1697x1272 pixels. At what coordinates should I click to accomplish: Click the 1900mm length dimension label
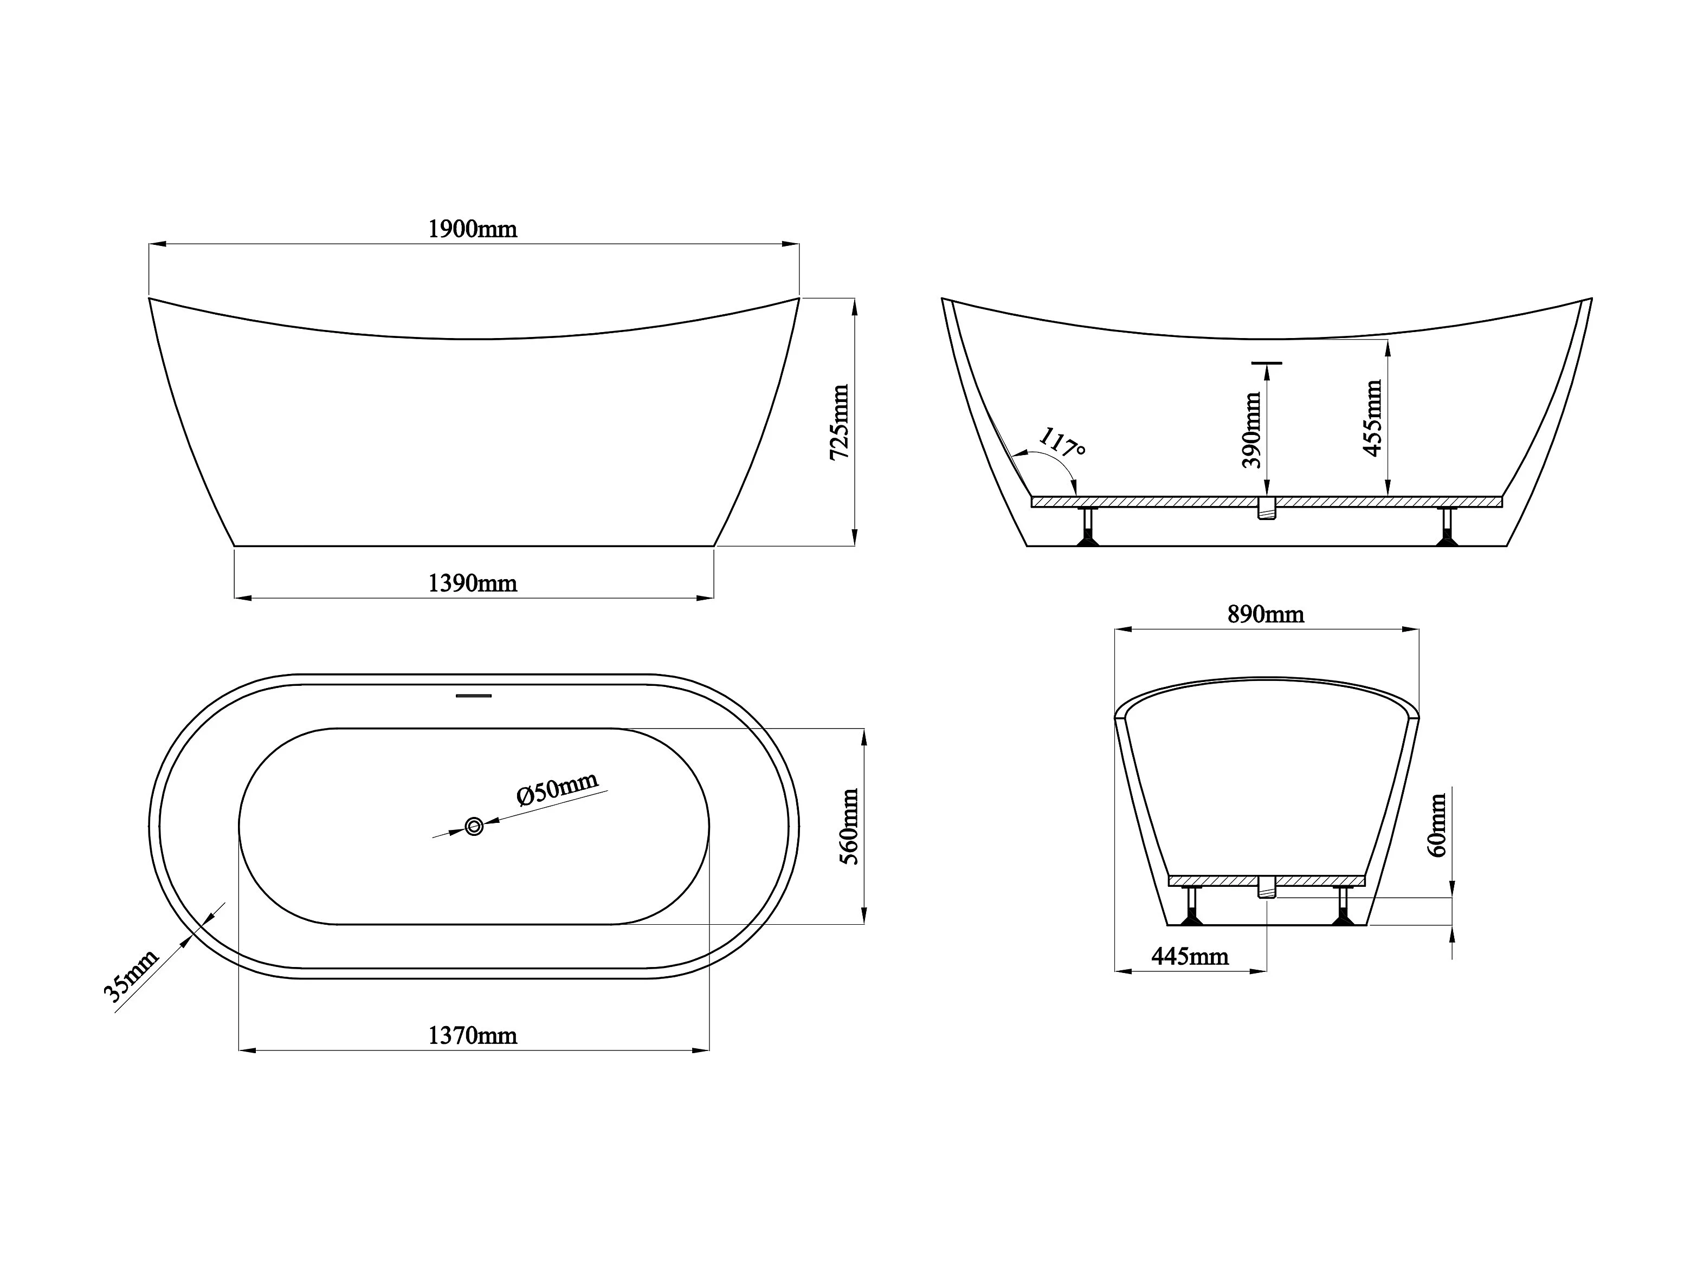click(x=473, y=229)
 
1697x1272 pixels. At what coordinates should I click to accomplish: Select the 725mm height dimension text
click(x=840, y=423)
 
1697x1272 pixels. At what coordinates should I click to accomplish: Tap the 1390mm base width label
click(x=473, y=583)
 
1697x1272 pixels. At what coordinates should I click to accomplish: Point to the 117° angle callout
click(x=1062, y=443)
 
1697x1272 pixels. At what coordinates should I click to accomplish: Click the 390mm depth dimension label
click(x=1251, y=430)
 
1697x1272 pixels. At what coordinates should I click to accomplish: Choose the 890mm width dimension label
click(x=1266, y=614)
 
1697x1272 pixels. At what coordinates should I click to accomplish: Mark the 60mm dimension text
click(x=1438, y=825)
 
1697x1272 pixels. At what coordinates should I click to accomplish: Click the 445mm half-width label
click(x=1190, y=956)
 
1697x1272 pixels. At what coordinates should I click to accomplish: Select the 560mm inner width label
click(x=849, y=827)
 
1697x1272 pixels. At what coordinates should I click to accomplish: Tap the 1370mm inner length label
click(x=473, y=1036)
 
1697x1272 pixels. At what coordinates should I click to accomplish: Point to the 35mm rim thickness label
click(x=131, y=975)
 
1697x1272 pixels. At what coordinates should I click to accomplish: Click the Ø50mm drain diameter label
click(x=558, y=788)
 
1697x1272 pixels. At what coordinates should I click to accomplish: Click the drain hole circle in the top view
click(x=474, y=826)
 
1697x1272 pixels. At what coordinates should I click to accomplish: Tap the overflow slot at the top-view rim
click(x=473, y=696)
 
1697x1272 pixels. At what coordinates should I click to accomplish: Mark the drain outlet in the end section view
click(x=1267, y=888)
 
